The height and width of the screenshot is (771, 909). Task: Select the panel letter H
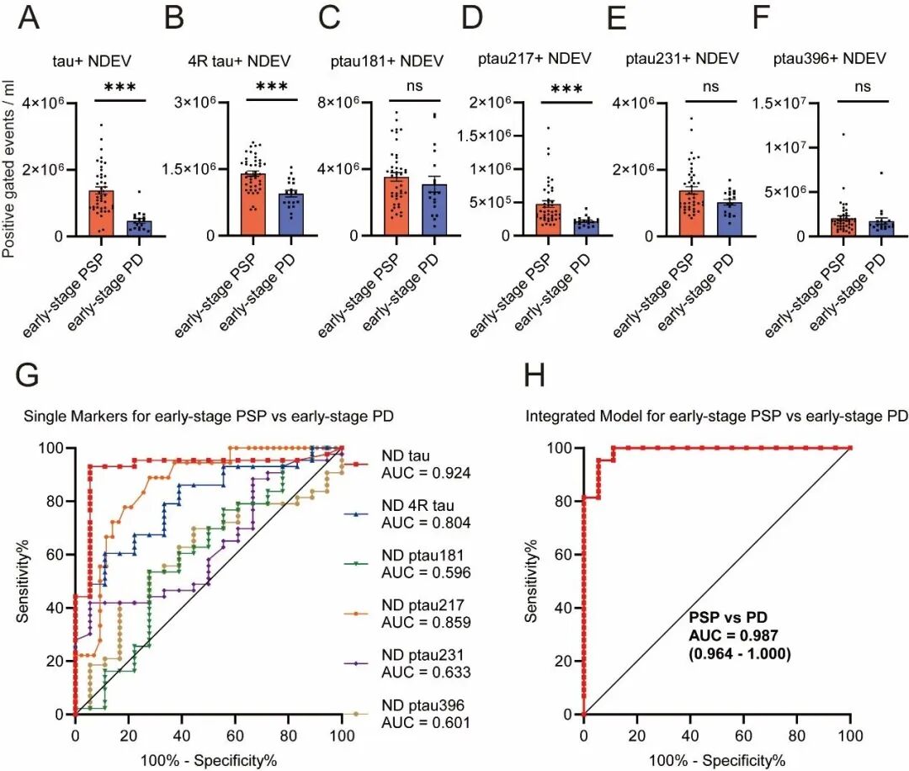pos(538,376)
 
